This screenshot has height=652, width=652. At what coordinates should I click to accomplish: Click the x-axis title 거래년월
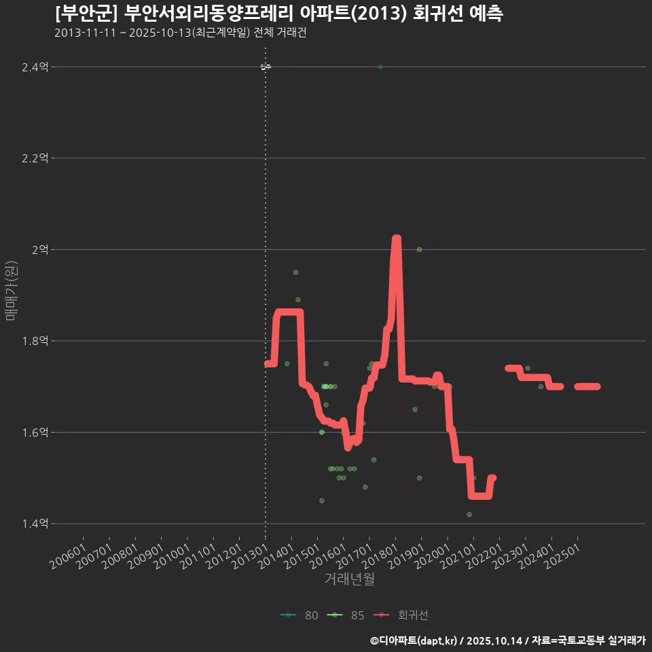(x=350, y=579)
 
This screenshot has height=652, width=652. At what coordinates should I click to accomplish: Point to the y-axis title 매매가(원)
(x=12, y=291)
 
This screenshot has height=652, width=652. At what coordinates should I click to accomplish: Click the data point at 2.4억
(x=380, y=67)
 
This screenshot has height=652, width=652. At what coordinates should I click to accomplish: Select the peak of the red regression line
(x=397, y=239)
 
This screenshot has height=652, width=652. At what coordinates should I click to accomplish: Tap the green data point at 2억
(x=419, y=249)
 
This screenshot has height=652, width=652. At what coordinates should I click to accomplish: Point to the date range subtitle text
(x=180, y=33)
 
